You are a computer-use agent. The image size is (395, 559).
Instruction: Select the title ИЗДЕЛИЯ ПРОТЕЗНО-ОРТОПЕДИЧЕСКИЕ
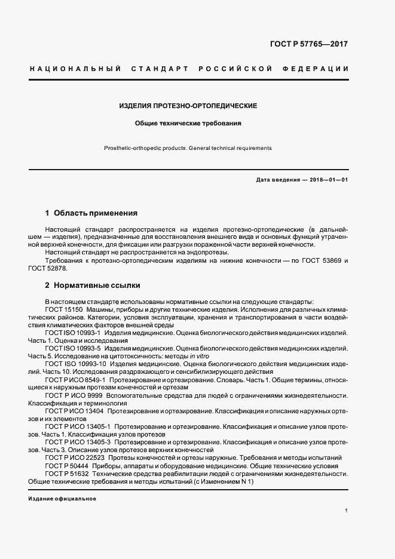click(188, 106)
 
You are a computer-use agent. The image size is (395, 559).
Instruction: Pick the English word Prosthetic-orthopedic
click(135, 148)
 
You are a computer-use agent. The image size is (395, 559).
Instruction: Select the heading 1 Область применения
click(91, 213)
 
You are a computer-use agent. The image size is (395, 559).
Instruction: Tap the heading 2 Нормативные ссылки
click(93, 285)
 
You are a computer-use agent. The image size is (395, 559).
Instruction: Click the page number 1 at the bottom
click(347, 510)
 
